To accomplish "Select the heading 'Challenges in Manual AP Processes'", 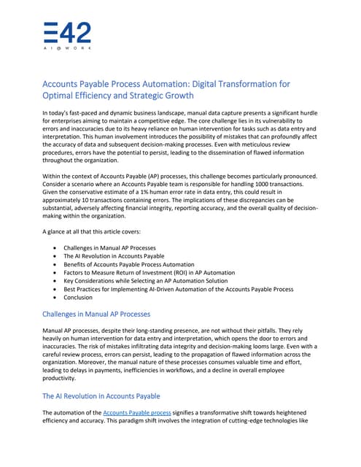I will tap(97, 314).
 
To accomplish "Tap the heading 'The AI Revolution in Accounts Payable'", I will tap(101, 396).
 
